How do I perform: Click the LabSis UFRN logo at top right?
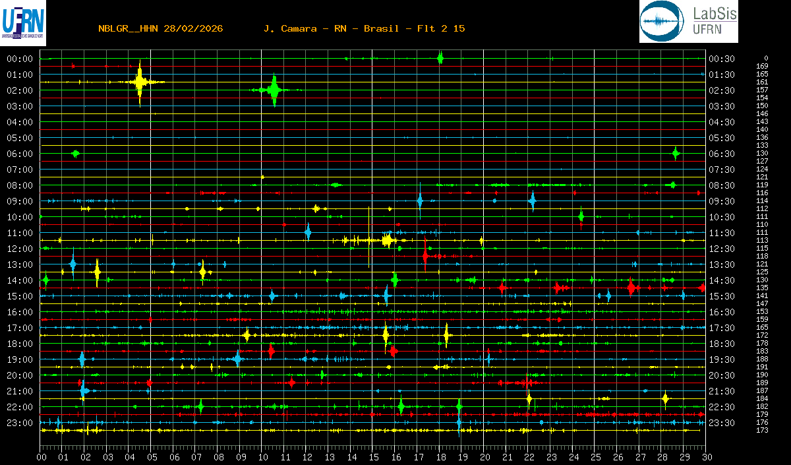688,22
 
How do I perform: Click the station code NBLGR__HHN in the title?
128,28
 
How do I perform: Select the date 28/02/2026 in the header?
194,28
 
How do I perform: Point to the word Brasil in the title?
381,28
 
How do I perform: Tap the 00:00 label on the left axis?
20,59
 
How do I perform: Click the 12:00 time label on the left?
20,249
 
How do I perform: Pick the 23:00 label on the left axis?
20,423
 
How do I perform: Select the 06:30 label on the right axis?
721,154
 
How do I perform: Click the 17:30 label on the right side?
721,328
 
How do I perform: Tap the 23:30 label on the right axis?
721,423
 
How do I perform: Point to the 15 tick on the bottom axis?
374,456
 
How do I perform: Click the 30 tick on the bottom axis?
706,456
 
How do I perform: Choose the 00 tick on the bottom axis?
42,456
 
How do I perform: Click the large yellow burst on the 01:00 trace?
140,82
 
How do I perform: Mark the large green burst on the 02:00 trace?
274,90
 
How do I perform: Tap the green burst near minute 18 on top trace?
440,58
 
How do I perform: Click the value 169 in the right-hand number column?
762,66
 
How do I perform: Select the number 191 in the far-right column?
762,367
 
